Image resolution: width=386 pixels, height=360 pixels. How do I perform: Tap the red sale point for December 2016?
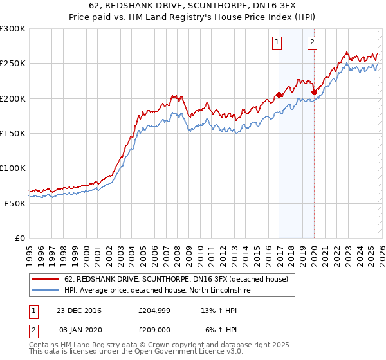tap(279, 95)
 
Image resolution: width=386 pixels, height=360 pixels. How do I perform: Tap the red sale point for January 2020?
tap(314, 92)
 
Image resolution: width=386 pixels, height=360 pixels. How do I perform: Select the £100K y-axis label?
tap(13, 168)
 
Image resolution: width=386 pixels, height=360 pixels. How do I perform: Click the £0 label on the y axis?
tap(20, 238)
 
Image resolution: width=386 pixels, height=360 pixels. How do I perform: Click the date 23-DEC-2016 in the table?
tap(79, 310)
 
